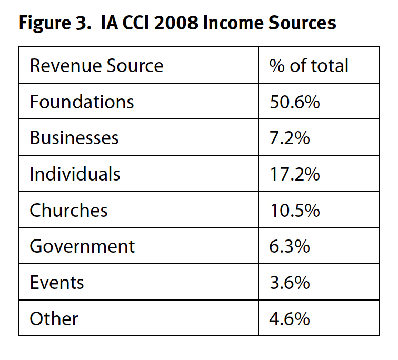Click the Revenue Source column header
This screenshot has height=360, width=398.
[x=96, y=66]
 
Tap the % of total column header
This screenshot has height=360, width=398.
[x=309, y=66]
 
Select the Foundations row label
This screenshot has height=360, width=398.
[x=82, y=102]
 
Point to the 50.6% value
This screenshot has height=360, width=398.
[x=294, y=102]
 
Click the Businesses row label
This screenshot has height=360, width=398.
[x=74, y=138]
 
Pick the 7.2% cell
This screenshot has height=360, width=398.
[x=290, y=138]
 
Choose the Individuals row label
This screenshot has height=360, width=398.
[x=75, y=174]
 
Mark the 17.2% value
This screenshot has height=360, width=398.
[x=294, y=174]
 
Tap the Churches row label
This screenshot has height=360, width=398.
[x=68, y=211]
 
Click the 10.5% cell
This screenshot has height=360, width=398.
[x=294, y=211]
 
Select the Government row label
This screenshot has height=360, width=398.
[x=82, y=246]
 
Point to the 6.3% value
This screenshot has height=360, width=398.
[x=290, y=246]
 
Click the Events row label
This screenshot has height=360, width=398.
[x=57, y=283]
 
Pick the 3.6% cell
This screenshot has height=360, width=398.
[x=290, y=283]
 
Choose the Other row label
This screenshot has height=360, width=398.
[x=54, y=319]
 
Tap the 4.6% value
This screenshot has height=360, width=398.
[x=290, y=319]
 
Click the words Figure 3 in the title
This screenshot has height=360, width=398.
[x=52, y=24]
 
